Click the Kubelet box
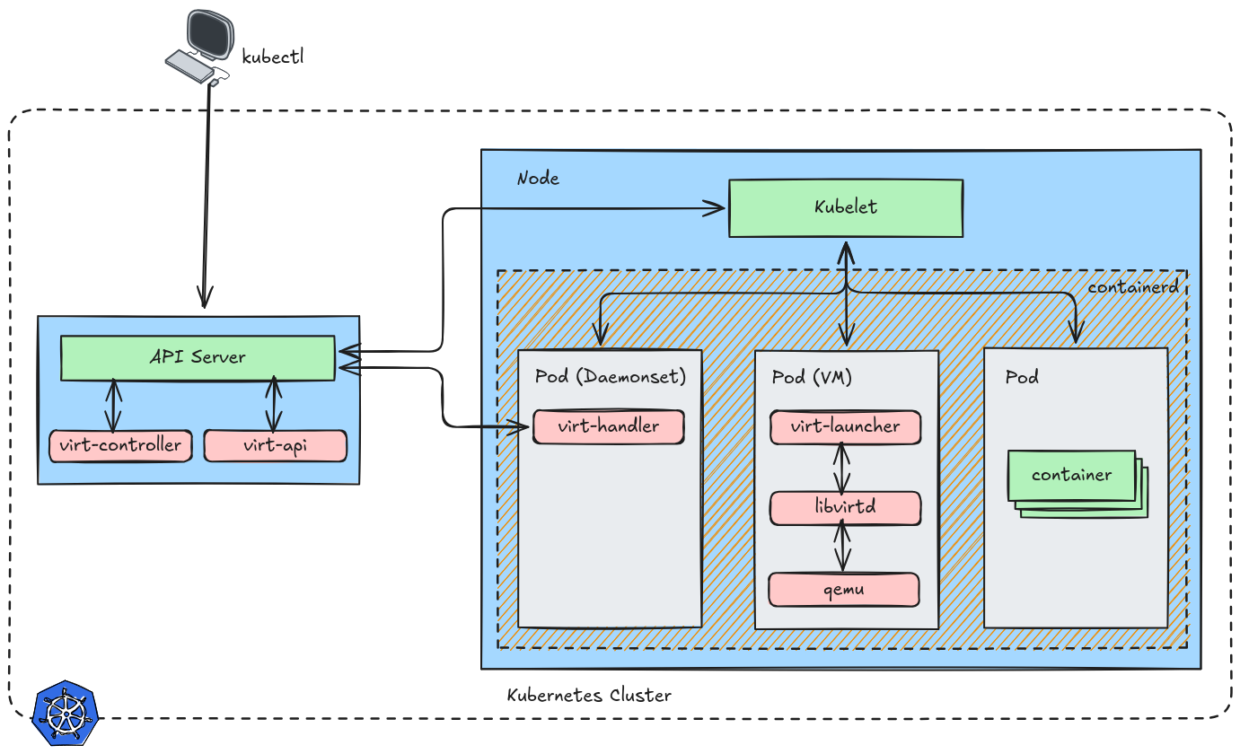(845, 208)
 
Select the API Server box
(198, 357)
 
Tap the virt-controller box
(120, 445)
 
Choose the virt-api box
(275, 445)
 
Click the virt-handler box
(609, 426)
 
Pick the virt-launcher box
(845, 426)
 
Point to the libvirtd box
(845, 507)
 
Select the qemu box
(844, 590)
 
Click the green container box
(1071, 475)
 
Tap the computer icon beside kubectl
(199, 45)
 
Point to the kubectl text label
(273, 57)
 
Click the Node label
(538, 179)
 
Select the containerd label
(1131, 288)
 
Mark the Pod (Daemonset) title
(611, 376)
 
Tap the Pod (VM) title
(812, 377)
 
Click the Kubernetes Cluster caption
(589, 696)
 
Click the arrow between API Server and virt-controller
(113, 405)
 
